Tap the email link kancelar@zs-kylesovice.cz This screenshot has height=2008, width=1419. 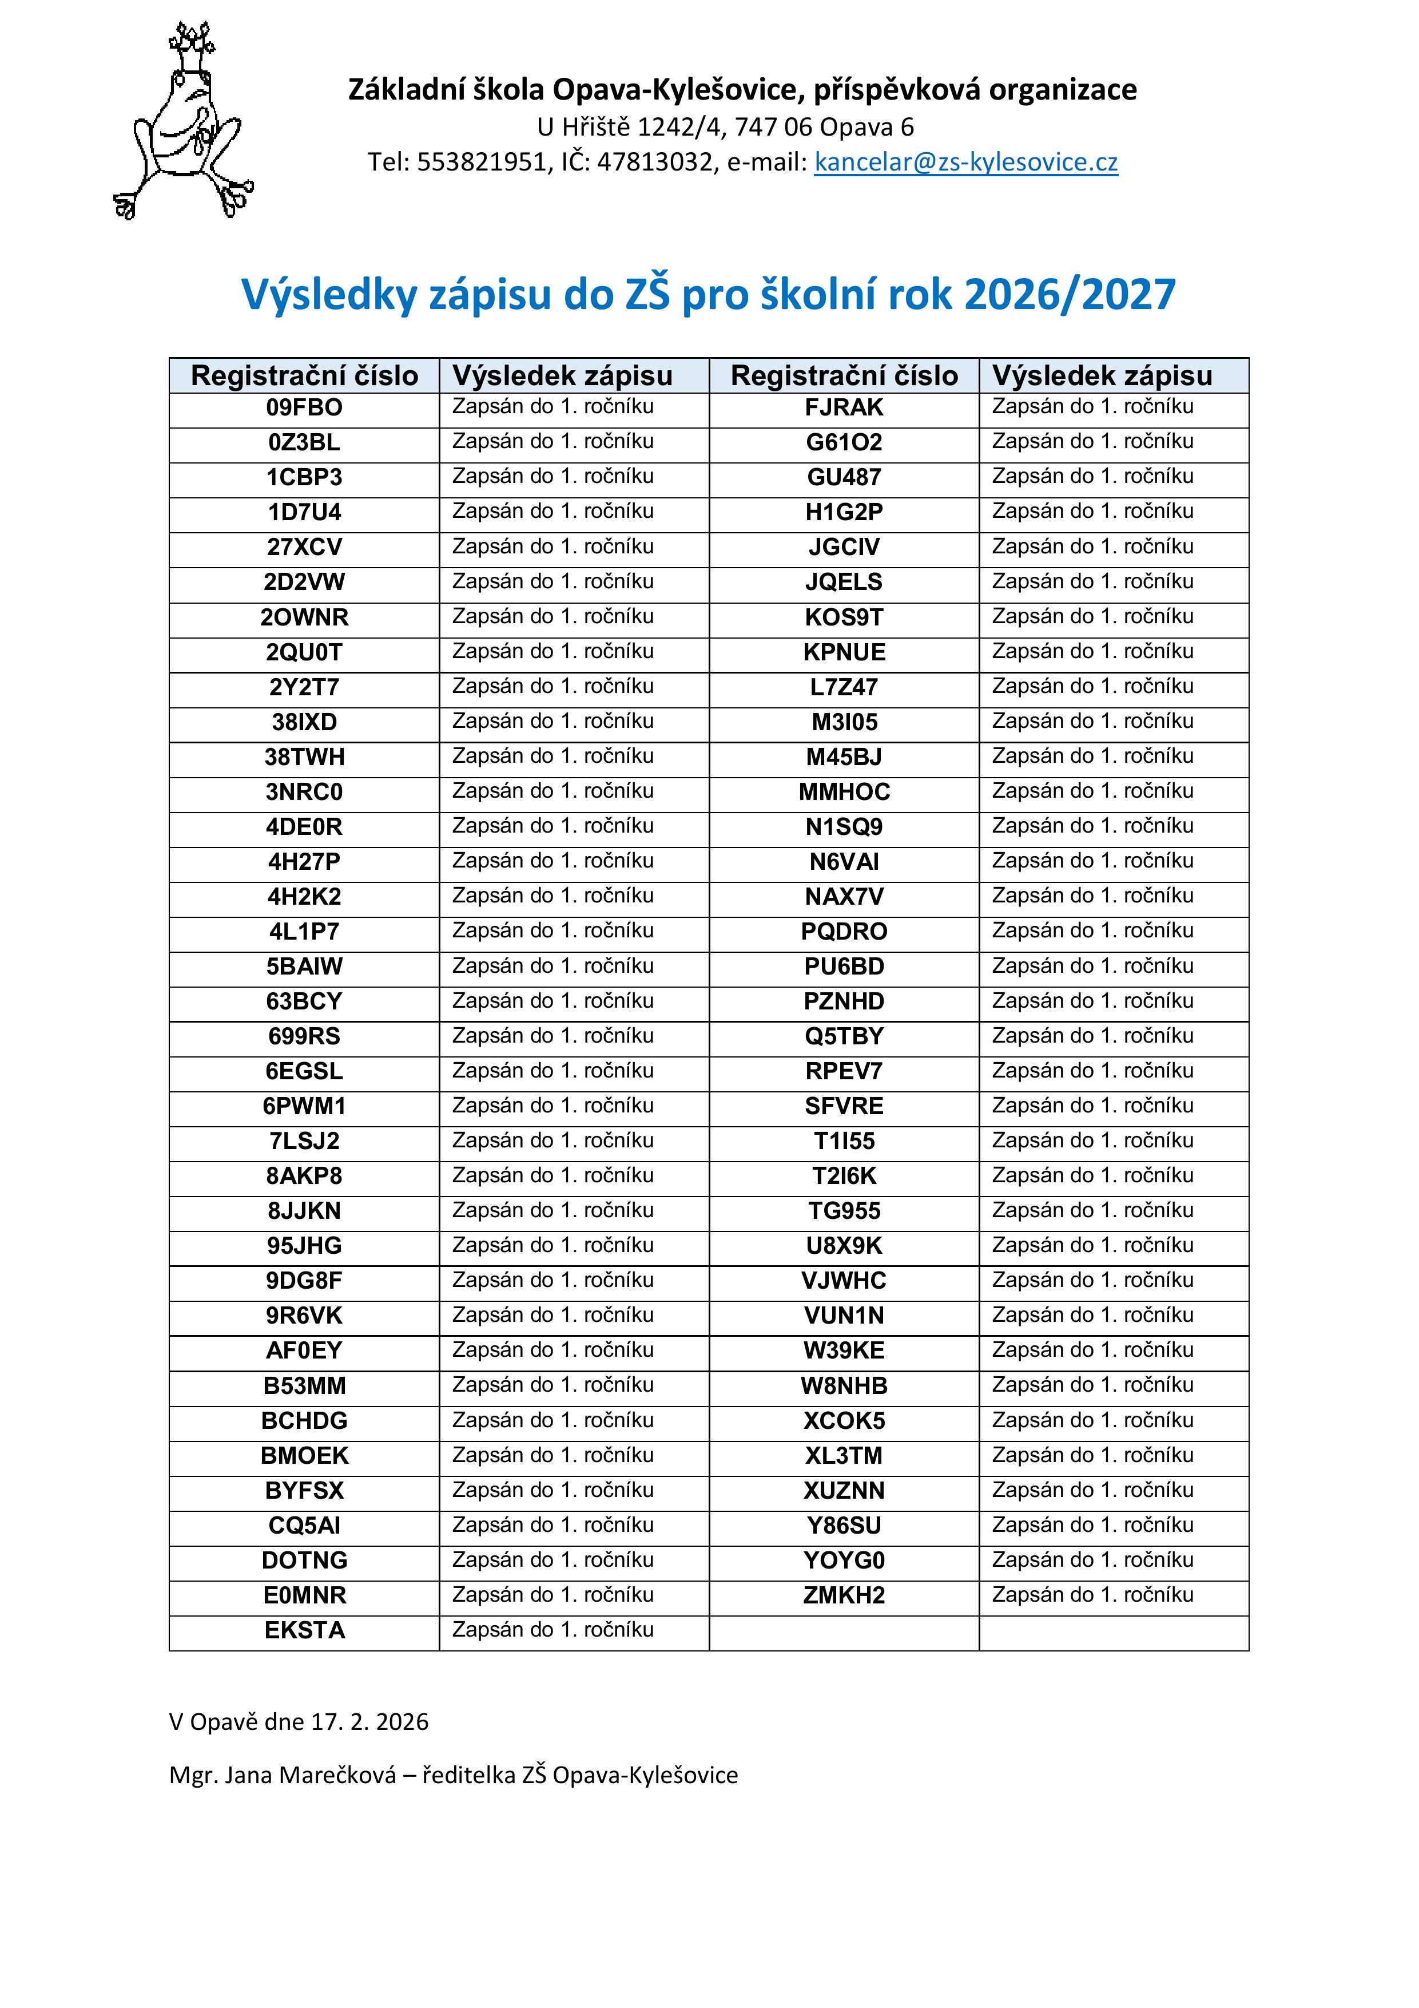click(x=965, y=163)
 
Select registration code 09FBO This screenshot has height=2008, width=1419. click(x=304, y=407)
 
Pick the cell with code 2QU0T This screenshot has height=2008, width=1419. click(x=304, y=652)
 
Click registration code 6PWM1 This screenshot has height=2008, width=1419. click(x=304, y=1106)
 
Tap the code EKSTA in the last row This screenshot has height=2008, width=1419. click(x=304, y=1631)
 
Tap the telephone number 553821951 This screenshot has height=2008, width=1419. click(x=482, y=163)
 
